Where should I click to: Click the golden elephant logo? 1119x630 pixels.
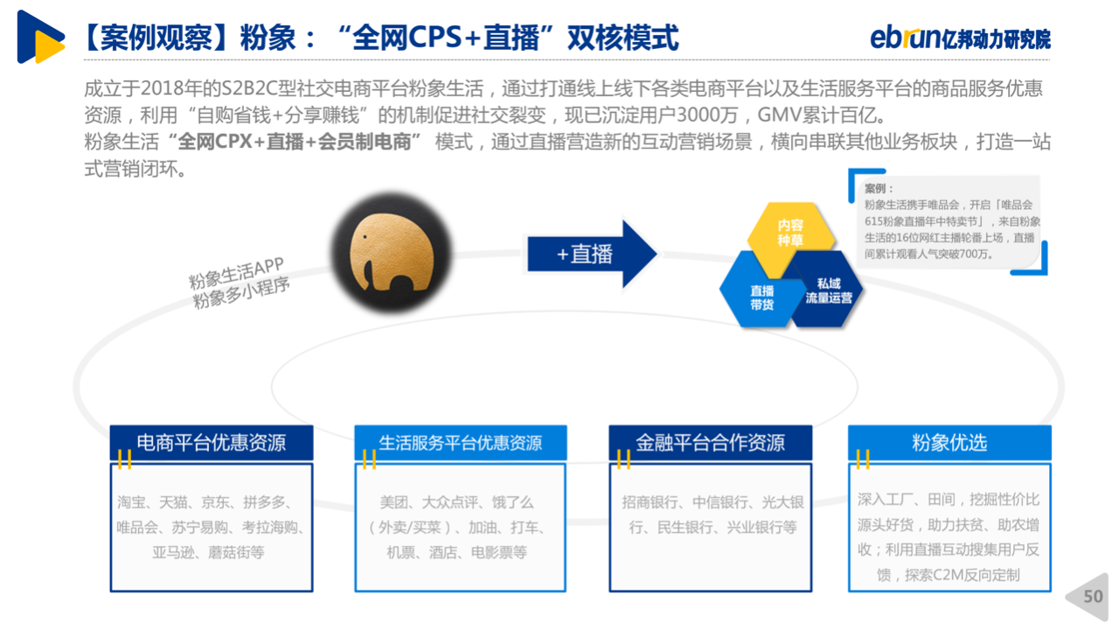pos(391,253)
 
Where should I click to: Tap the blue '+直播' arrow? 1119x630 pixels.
pos(592,254)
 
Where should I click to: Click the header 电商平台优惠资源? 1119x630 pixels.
pos(212,443)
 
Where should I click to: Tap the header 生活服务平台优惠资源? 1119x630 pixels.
pos(460,443)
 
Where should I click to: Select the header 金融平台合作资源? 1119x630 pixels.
pos(710,443)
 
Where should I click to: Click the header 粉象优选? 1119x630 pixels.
pos(949,443)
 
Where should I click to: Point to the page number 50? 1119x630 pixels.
pos(1093,596)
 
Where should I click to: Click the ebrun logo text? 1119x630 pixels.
pos(905,38)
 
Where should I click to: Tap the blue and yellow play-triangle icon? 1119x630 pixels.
pos(40,37)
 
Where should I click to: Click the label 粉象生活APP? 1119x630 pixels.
pos(236,273)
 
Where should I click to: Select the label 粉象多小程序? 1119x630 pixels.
pos(241,293)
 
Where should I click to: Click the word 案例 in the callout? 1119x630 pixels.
pos(875,188)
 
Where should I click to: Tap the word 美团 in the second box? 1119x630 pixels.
pos(393,502)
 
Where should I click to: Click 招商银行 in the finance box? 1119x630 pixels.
pos(650,502)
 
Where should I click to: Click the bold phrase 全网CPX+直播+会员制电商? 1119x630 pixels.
pos(295,142)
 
